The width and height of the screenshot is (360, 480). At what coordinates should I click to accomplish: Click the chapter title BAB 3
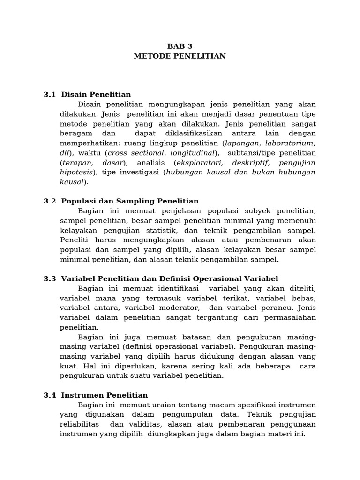[x=180, y=46]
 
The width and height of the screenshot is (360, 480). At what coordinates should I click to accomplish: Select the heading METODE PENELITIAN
[x=180, y=56]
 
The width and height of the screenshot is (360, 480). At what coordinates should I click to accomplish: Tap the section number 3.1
[x=50, y=95]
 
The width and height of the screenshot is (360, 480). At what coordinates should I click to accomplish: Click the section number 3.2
[x=50, y=201]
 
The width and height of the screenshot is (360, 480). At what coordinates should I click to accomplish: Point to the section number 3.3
[x=50, y=278]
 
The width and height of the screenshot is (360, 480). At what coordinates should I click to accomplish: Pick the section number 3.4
[x=50, y=395]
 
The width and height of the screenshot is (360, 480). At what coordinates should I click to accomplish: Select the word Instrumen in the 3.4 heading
[x=81, y=395]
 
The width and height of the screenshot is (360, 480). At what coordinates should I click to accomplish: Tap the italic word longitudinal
[x=192, y=153]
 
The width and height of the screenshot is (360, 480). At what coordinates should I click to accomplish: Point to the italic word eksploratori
[x=197, y=163]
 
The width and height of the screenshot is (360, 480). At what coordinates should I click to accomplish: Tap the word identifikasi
[x=174, y=288]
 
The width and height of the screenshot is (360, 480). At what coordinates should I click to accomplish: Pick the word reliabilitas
[x=79, y=424]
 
